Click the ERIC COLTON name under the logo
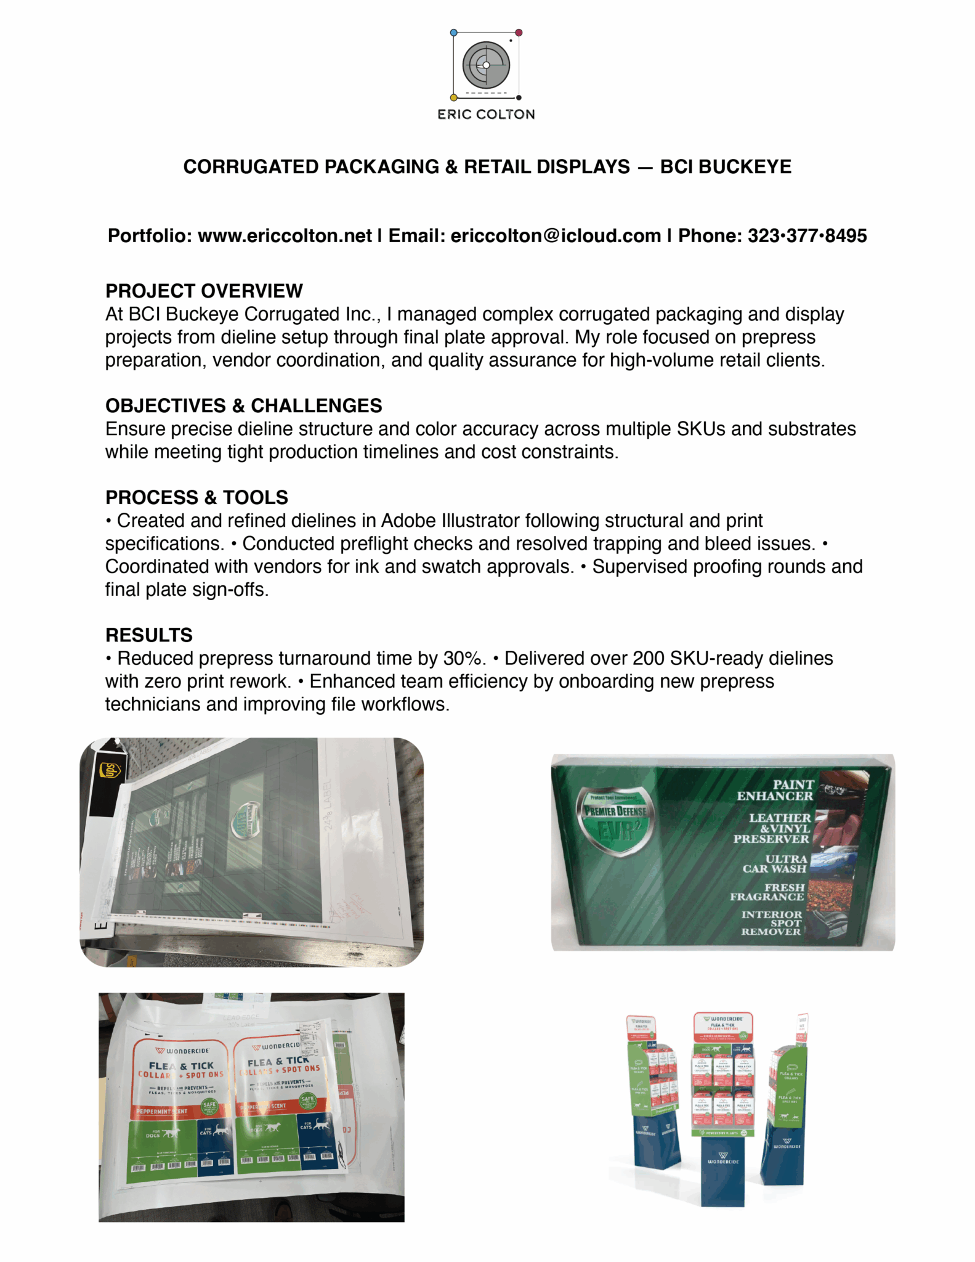coord(486,114)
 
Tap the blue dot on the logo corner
coord(454,32)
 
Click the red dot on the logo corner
coord(519,32)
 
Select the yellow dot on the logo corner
coord(454,97)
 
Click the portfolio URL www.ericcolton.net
coord(285,235)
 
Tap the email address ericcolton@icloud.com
coord(555,235)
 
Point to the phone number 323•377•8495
coord(807,235)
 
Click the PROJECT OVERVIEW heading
coord(204,291)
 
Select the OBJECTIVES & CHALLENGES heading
coord(243,405)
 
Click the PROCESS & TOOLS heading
coord(196,497)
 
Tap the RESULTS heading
coord(149,635)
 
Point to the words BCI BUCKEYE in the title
coord(726,167)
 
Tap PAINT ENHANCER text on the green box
coord(775,791)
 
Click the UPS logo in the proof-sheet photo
coord(111,770)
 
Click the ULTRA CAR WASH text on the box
coord(775,864)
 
